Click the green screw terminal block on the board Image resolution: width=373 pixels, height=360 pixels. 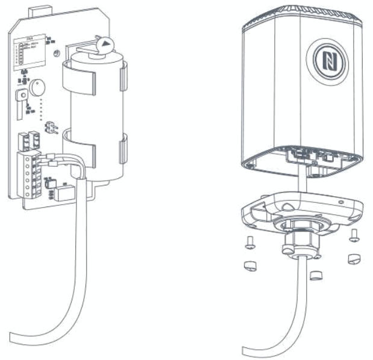click(32, 173)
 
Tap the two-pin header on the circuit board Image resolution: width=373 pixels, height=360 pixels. click(52, 127)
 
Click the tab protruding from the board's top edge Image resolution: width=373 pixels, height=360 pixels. click(43, 10)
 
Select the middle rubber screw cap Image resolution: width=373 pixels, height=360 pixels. click(314, 274)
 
